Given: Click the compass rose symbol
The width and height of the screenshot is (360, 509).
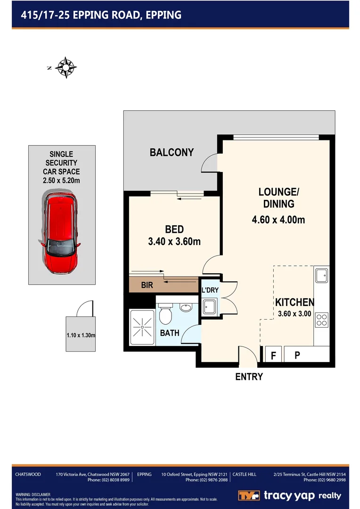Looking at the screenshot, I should (66, 67).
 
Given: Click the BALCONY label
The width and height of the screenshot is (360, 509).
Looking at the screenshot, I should (172, 153).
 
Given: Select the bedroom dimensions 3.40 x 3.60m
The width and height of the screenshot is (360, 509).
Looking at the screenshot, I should (174, 242).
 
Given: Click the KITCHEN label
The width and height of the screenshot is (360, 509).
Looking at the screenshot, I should (295, 303).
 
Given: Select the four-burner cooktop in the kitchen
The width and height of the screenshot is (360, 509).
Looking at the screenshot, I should (322, 320).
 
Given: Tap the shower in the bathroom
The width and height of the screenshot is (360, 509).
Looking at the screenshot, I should (141, 325).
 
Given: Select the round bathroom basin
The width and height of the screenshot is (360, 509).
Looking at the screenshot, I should (186, 308).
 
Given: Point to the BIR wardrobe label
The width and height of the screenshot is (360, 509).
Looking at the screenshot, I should (147, 286).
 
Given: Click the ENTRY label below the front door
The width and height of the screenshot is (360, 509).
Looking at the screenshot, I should (249, 377).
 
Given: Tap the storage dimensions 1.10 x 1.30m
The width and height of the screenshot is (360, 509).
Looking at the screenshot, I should (81, 336).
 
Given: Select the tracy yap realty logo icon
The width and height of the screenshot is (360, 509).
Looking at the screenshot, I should (249, 496).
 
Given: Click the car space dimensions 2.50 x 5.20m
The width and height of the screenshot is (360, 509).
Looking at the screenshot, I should (61, 180).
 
